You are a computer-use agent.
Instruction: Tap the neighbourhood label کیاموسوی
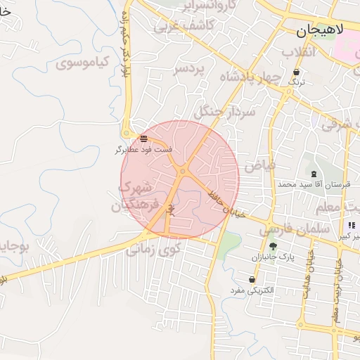[81, 63]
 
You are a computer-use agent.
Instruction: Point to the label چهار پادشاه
[250, 76]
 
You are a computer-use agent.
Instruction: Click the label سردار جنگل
[222, 110]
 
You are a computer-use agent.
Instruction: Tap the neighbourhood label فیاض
[259, 165]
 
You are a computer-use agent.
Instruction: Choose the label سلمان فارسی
[295, 229]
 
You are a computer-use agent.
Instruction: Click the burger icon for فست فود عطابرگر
[144, 139]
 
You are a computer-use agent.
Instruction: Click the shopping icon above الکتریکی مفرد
[252, 280]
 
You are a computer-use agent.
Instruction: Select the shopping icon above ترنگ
[296, 72]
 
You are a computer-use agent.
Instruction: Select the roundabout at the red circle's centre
[182, 171]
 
